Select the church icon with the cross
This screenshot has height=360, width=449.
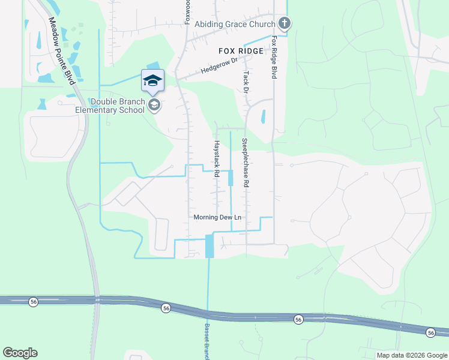[x=285, y=24]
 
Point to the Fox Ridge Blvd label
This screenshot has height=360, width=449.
[x=274, y=56]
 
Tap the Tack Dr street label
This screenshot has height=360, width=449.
[x=246, y=82]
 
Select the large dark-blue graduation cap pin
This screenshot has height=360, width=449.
[x=152, y=81]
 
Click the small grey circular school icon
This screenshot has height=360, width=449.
[x=154, y=106]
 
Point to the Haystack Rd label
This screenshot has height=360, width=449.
[x=214, y=154]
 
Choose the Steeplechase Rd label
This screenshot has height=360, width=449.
[x=245, y=164]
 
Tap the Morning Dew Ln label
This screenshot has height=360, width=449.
[x=217, y=217]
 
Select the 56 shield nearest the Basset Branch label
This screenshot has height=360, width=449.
[x=166, y=308]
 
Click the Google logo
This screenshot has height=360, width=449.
[x=20, y=353]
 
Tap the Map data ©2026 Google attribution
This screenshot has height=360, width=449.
[x=411, y=355]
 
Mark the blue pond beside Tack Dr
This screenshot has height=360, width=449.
[x=263, y=117]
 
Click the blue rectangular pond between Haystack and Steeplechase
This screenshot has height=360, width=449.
[x=231, y=178]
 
